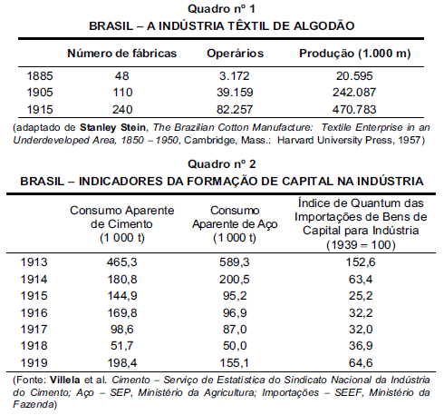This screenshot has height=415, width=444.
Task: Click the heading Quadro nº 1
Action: click(222, 9)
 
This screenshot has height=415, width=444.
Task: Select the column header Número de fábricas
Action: click(122, 54)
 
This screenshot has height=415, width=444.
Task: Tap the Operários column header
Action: click(235, 54)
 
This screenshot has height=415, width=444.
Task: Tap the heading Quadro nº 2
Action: click(222, 163)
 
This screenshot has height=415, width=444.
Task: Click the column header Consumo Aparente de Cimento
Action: click(110, 223)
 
